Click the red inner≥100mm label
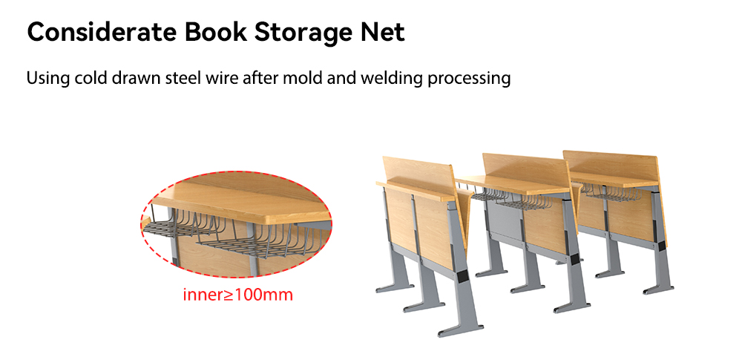pyautogui.click(x=238, y=295)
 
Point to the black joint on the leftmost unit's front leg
pyautogui.click(x=461, y=274)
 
